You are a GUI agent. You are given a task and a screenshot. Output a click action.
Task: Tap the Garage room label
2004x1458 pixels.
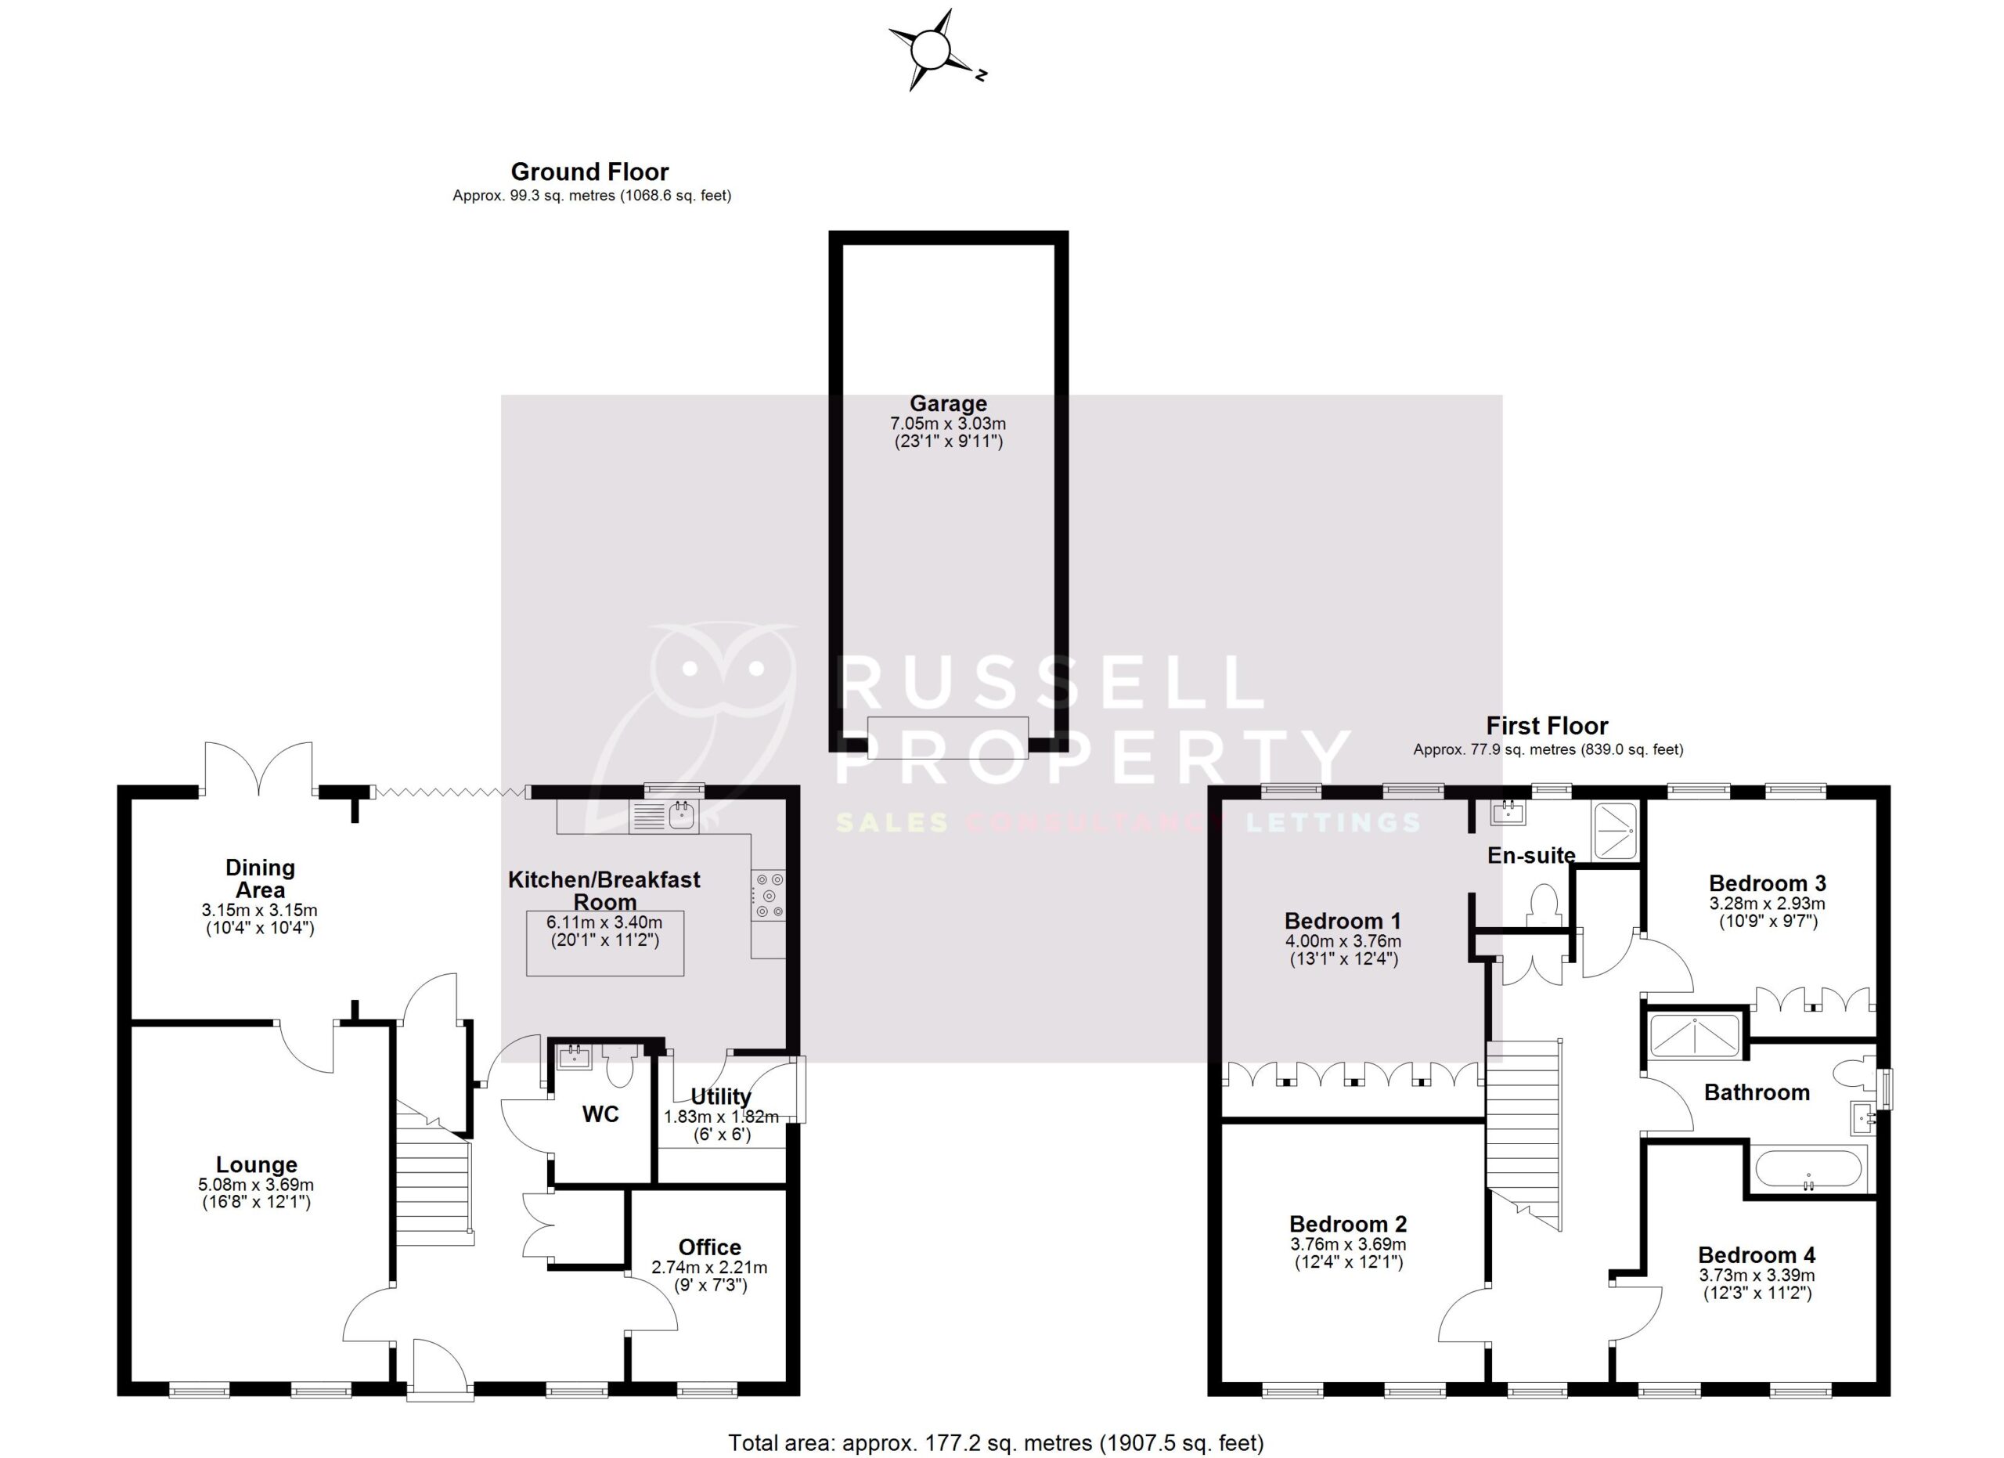tap(948, 404)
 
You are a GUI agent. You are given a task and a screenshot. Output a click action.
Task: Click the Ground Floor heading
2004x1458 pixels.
tap(589, 171)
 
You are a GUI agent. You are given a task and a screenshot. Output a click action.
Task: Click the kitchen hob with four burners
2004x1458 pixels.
tap(768, 896)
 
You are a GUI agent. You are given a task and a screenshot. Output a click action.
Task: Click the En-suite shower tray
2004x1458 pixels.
tap(1615, 831)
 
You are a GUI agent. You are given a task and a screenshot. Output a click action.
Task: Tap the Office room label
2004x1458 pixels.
tap(709, 1247)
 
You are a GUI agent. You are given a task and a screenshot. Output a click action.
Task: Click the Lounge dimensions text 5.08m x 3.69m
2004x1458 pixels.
tap(256, 1185)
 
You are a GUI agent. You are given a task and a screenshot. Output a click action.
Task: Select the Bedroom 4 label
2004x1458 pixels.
tap(1757, 1254)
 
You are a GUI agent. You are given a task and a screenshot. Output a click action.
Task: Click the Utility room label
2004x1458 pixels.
tap(721, 1096)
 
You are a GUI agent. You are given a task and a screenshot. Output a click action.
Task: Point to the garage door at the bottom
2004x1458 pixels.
tap(947, 737)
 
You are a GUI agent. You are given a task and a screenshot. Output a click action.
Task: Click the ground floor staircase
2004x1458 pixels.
tap(432, 1175)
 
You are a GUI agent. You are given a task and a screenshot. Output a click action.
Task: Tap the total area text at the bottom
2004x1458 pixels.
tap(996, 1442)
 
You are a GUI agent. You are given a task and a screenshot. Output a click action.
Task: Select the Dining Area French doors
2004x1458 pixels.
tap(258, 767)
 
